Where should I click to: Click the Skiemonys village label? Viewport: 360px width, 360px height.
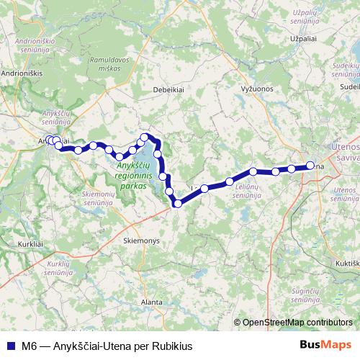pos(140,241)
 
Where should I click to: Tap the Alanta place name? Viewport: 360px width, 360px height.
pos(152,302)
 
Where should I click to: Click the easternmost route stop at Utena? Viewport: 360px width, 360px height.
pos(310,166)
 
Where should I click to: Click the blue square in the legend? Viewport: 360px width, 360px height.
pos(11,345)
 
